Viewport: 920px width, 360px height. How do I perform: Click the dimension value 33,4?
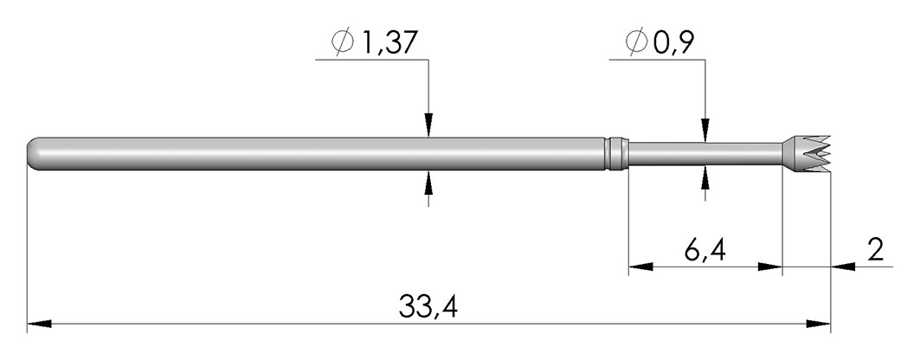(x=428, y=306)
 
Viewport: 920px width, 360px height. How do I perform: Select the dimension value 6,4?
(x=704, y=250)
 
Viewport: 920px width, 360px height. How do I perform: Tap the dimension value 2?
(x=875, y=250)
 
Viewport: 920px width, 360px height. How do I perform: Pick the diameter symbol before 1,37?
(x=343, y=42)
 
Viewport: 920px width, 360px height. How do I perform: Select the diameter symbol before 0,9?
(x=637, y=42)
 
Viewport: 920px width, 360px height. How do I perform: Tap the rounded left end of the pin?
(x=35, y=154)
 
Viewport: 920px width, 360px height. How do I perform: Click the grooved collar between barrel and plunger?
(x=617, y=154)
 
